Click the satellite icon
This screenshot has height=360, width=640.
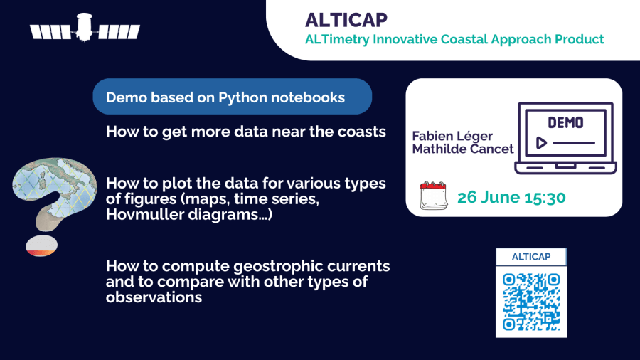[x=85, y=28]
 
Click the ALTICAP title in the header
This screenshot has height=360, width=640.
[x=346, y=20]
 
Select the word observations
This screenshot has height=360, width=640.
[x=154, y=297]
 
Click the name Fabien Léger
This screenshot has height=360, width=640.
[x=452, y=137]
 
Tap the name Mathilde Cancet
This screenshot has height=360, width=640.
[x=463, y=149]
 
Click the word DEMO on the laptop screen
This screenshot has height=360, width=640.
[x=565, y=122]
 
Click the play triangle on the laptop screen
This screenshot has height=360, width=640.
[x=541, y=143]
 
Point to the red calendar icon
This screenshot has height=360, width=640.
[x=434, y=196]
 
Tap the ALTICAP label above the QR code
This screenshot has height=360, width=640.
[x=531, y=257]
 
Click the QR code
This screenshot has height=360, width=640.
[x=531, y=302]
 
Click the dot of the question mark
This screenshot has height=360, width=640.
[x=42, y=245]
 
